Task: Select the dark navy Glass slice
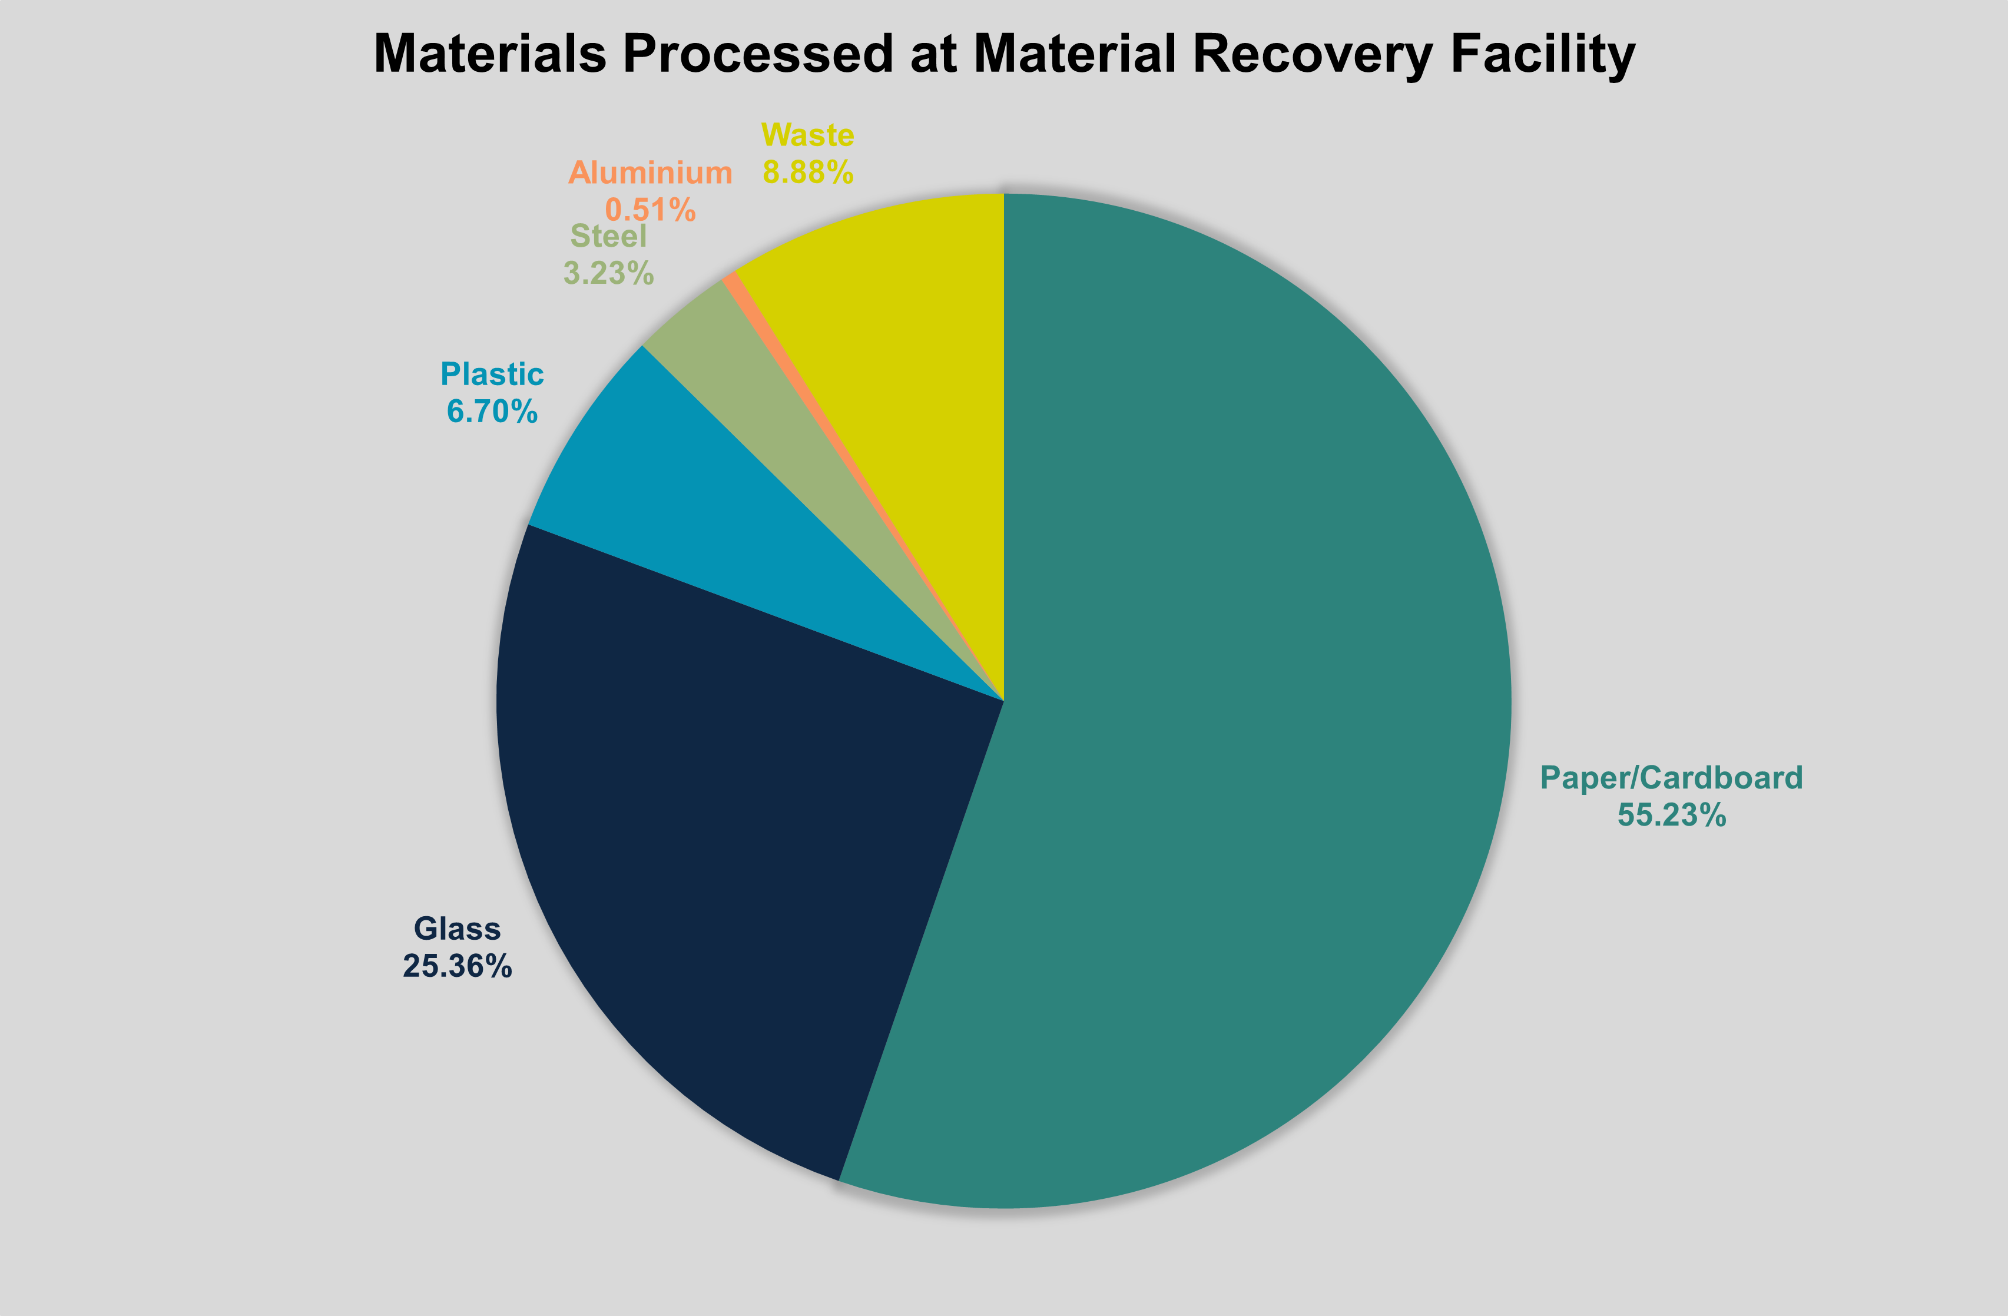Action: pos(743,844)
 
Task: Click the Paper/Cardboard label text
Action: pos(1671,777)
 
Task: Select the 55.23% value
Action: pos(1671,815)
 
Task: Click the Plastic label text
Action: pos(492,374)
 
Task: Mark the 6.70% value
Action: pos(492,411)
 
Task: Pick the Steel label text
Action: pos(608,236)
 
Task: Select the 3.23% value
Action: pos(608,273)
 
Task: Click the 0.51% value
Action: pos(650,209)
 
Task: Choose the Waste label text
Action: pos(807,135)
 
